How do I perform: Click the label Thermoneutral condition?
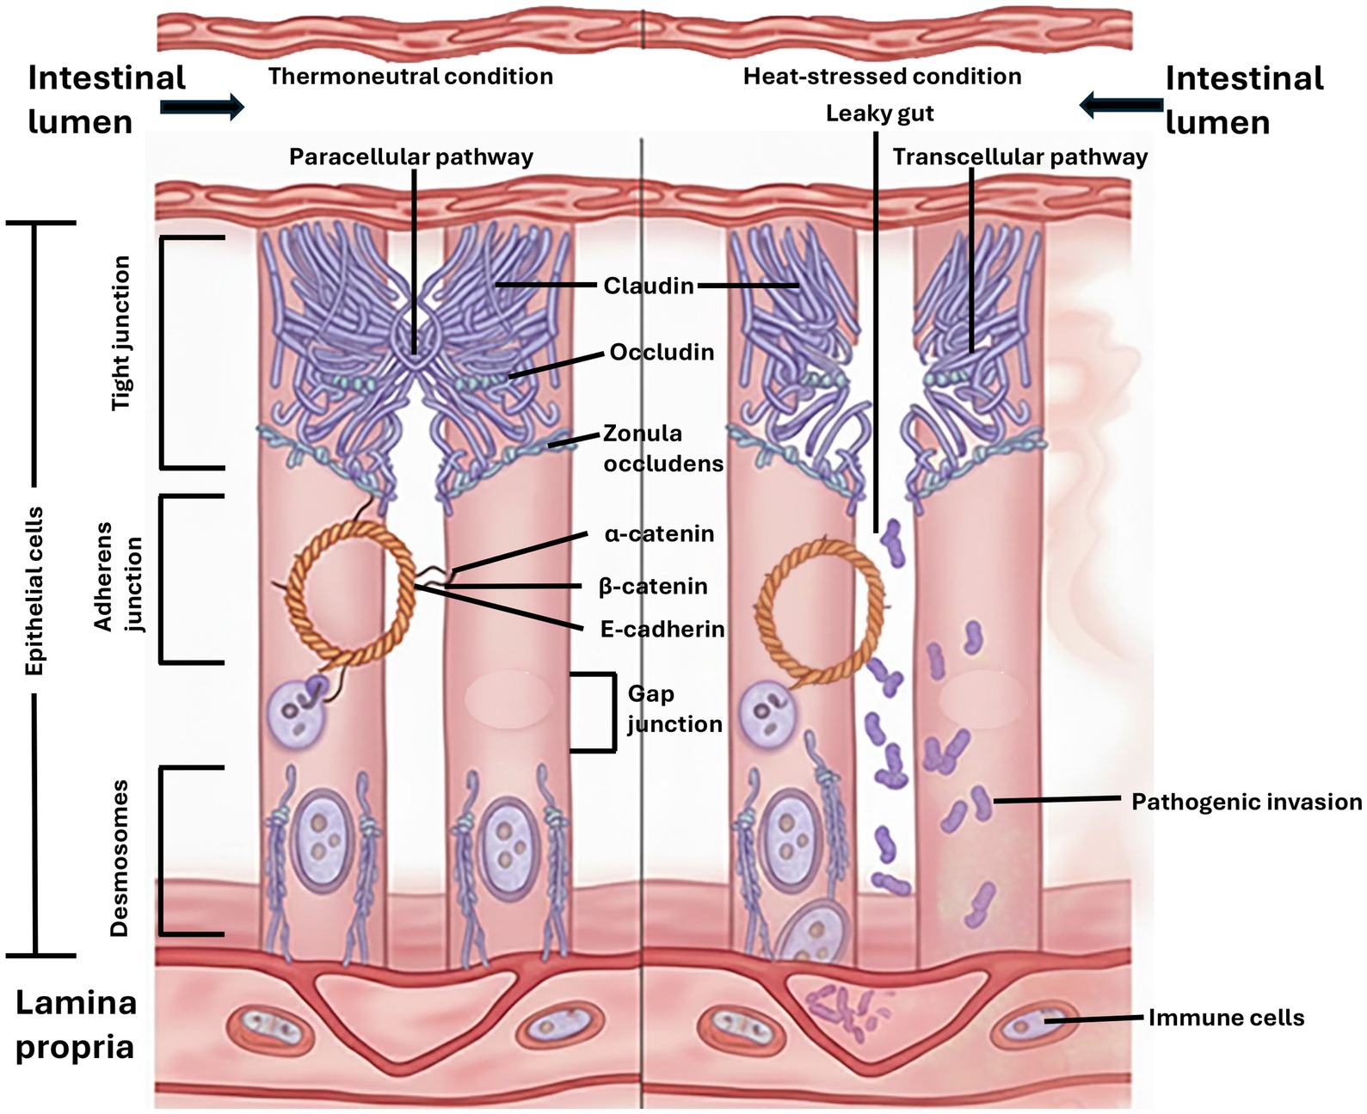[x=410, y=77]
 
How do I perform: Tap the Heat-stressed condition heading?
[x=882, y=77]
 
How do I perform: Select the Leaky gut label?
[x=879, y=114]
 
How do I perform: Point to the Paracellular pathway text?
[x=410, y=157]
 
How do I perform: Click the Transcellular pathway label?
[x=1019, y=157]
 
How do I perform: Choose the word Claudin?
[x=648, y=286]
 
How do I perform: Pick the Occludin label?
[x=662, y=352]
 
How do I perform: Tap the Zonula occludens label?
[x=662, y=448]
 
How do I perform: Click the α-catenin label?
[x=659, y=533]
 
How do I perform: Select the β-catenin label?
[x=653, y=587]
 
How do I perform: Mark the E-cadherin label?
[x=662, y=629]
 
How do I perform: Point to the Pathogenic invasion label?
[x=1246, y=802]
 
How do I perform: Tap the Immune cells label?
[x=1226, y=1018]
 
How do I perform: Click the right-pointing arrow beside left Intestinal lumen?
[x=202, y=106]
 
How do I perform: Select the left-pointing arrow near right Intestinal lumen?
[x=1122, y=105]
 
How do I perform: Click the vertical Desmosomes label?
[x=120, y=858]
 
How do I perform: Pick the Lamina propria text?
[x=76, y=1025]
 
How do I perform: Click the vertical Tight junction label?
[x=123, y=333]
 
